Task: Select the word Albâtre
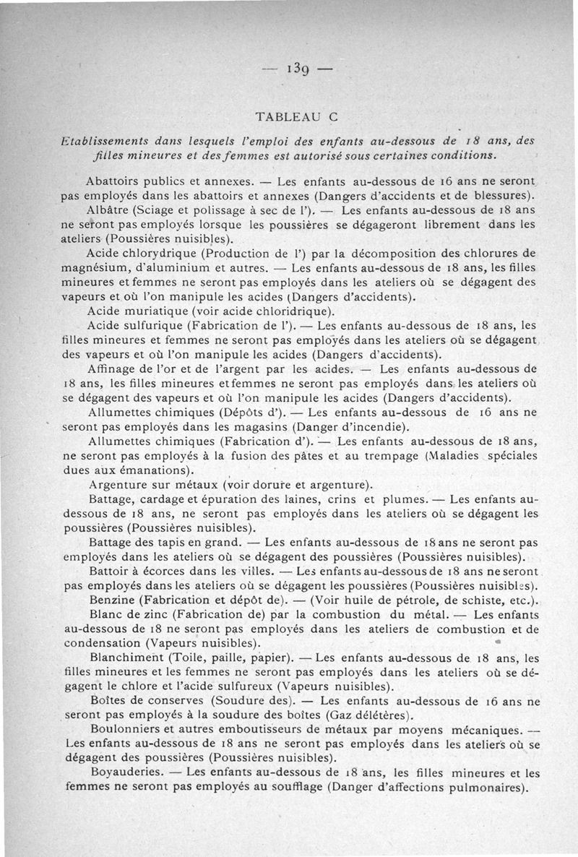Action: [108, 211]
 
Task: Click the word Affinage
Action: [111, 369]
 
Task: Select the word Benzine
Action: [111, 600]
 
